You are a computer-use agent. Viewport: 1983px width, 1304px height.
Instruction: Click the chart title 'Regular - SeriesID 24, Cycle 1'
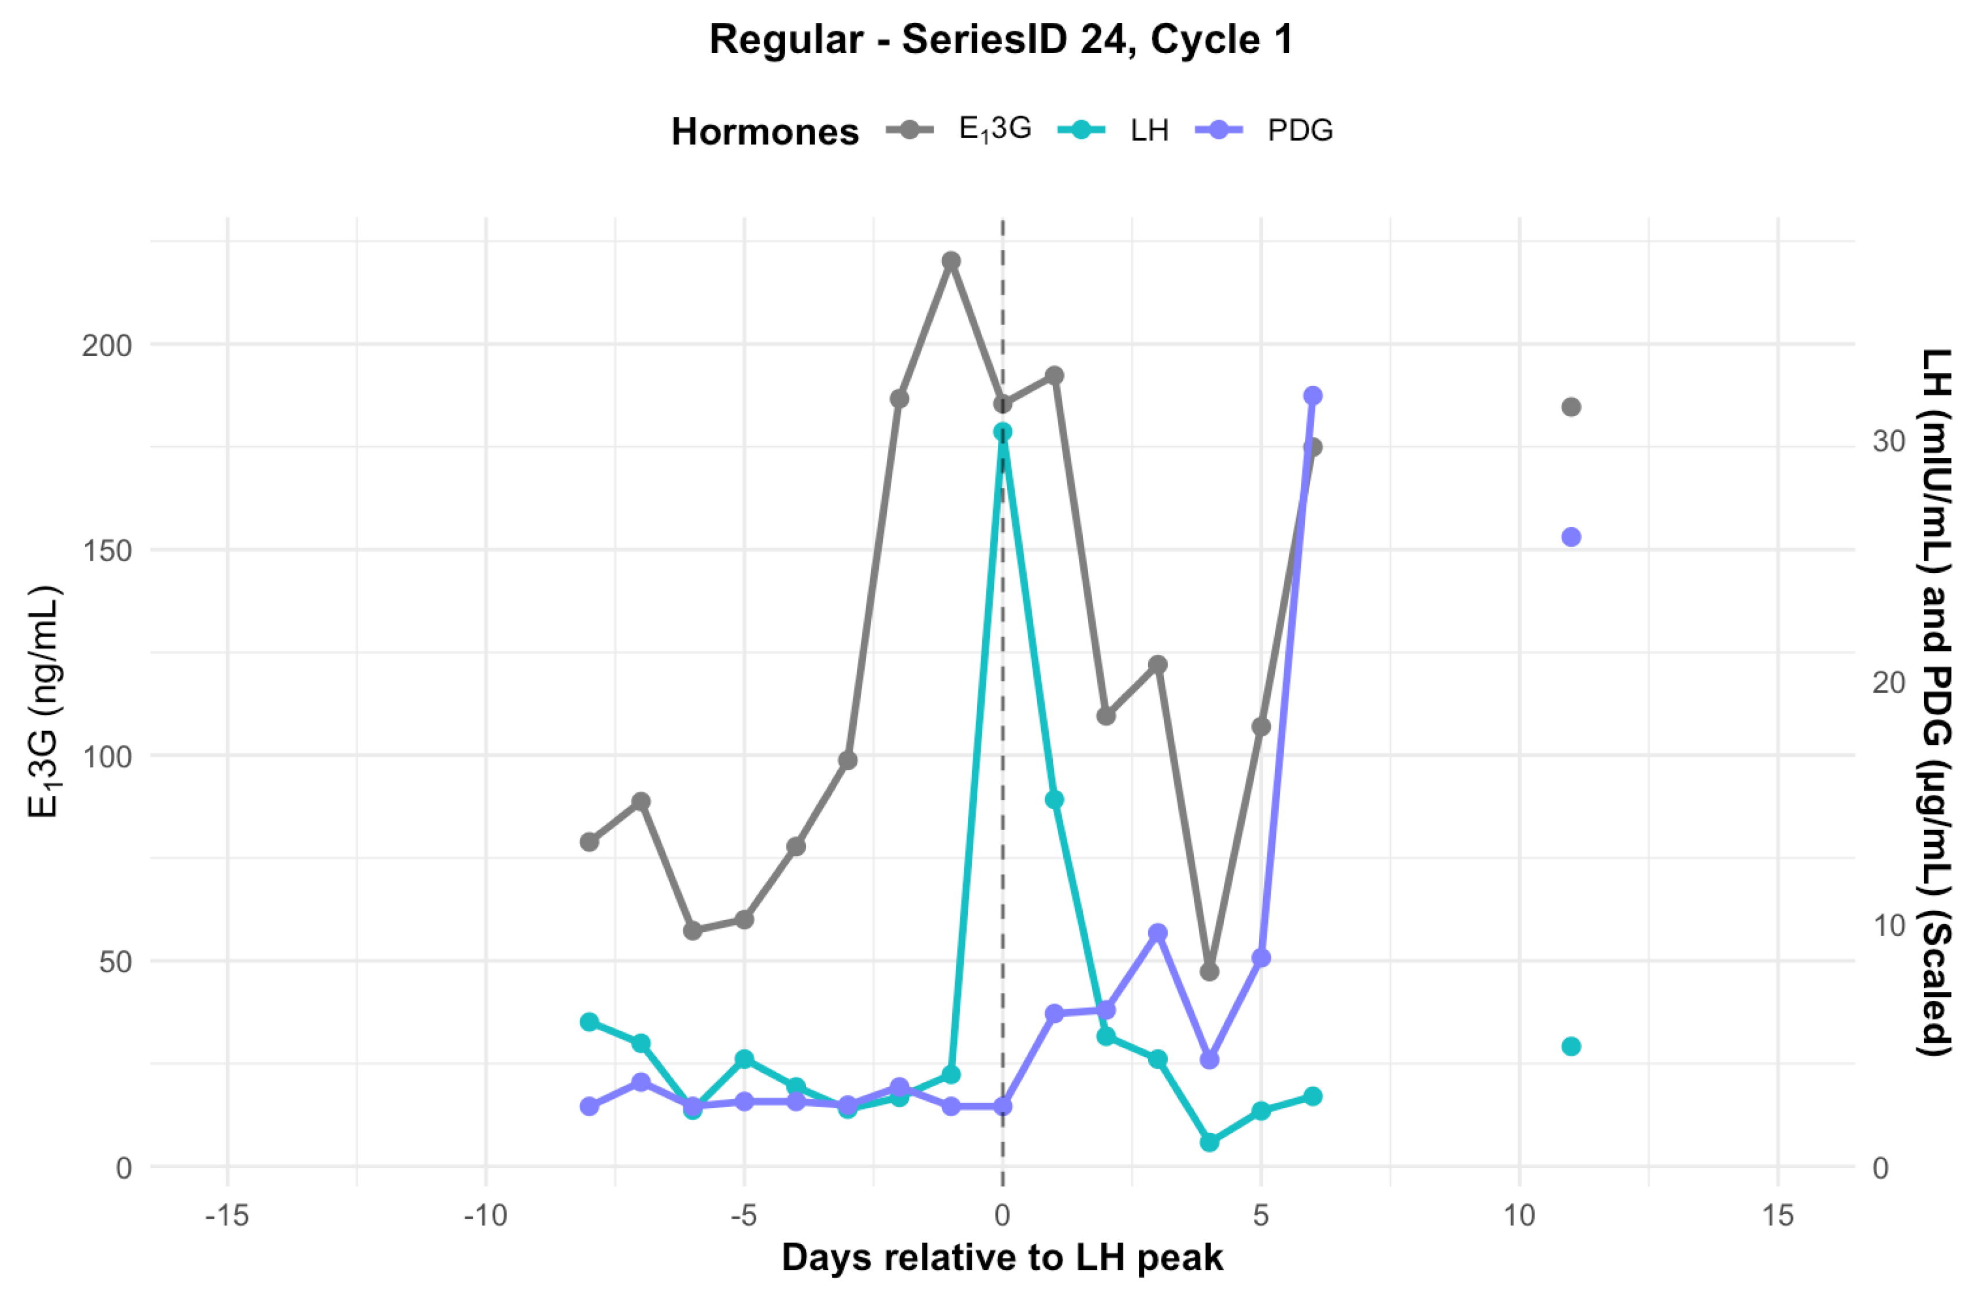[1001, 40]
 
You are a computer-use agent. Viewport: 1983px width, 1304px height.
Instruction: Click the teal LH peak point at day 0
[1002, 432]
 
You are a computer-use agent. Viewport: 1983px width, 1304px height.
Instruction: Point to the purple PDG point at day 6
[1313, 396]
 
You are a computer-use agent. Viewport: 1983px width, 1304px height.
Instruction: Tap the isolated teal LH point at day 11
[1571, 1047]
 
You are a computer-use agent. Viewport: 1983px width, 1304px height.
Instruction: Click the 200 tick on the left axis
[106, 345]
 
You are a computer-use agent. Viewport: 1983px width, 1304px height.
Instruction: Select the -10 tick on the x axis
[485, 1216]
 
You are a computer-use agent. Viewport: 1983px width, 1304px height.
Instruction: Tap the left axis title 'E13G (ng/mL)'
[43, 702]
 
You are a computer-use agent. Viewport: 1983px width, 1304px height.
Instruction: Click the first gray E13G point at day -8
[589, 842]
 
